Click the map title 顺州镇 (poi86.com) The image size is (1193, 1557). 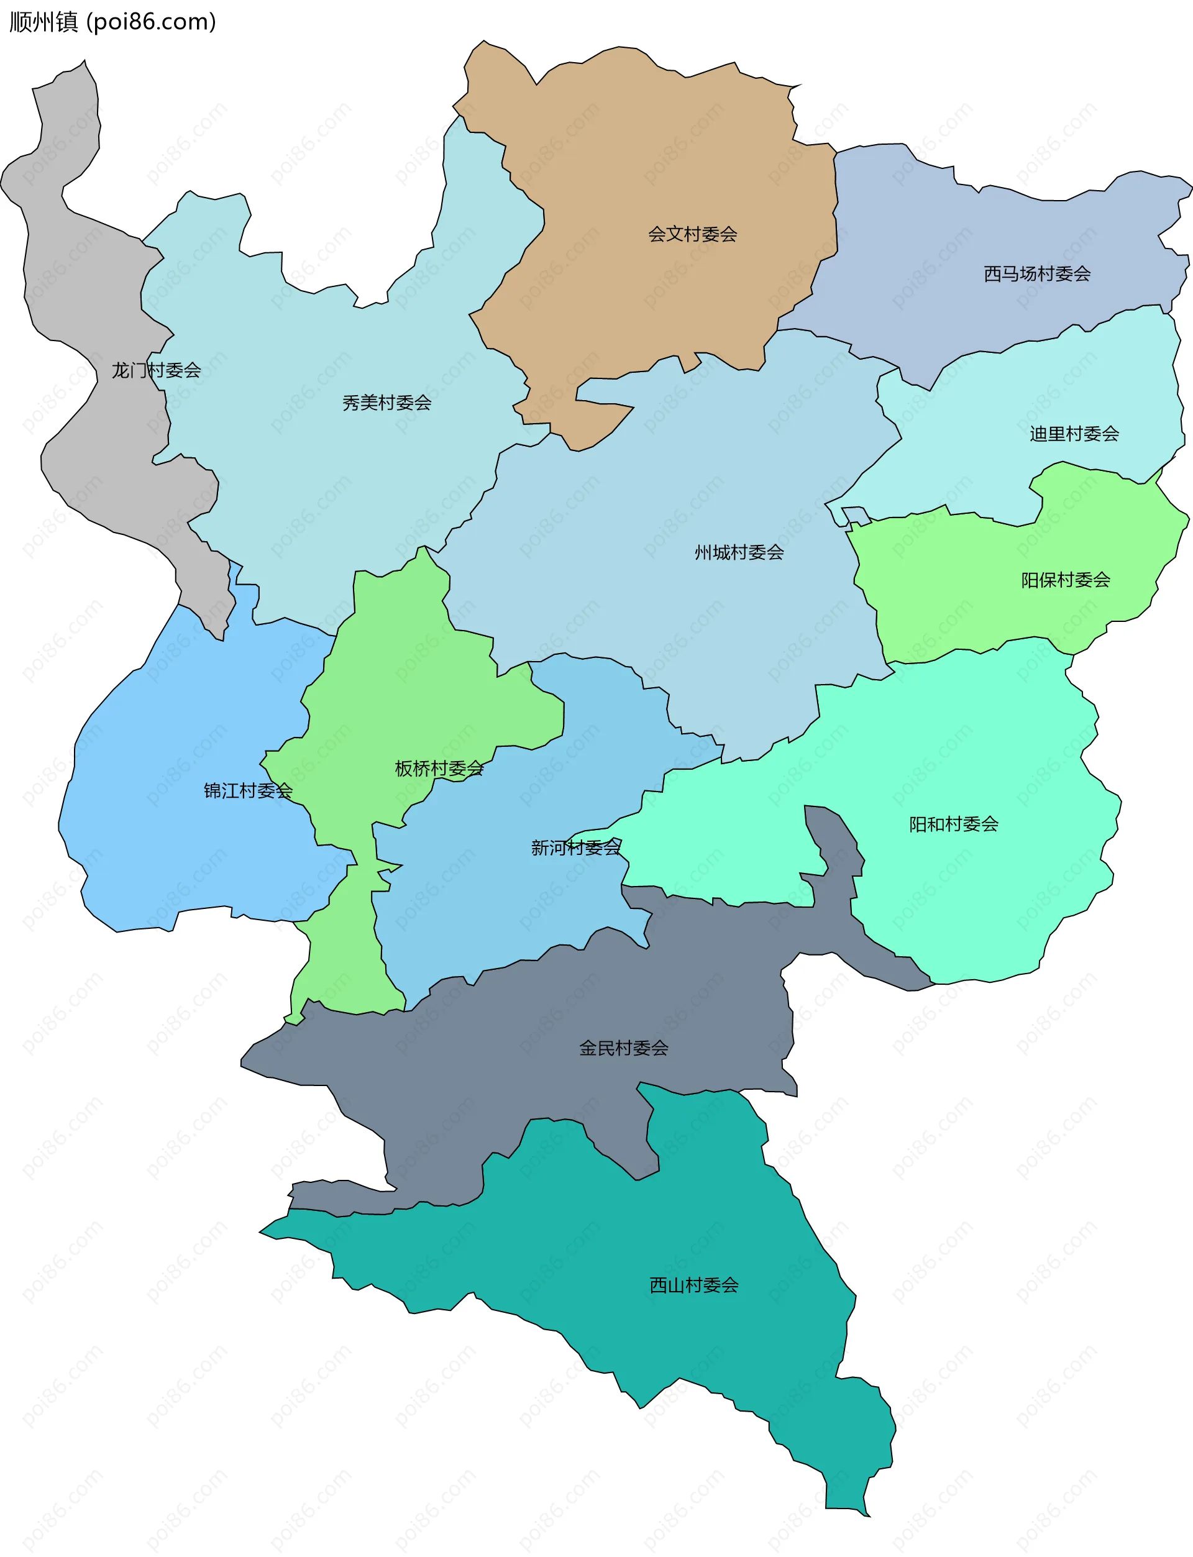pos(112,22)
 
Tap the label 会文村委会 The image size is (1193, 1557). pos(692,234)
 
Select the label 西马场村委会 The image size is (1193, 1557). pos(1037,274)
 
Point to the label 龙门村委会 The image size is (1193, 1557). pos(156,370)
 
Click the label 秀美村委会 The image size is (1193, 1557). pos(387,403)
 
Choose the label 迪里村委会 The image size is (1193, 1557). pos(1074,434)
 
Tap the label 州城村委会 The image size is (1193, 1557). pos(739,552)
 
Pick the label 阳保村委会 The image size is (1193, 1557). pos(1066,580)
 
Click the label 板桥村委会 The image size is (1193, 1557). pos(439,768)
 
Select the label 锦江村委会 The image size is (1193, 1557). pos(248,790)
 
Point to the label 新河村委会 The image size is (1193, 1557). pos(576,847)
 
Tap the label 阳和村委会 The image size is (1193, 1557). pos(954,824)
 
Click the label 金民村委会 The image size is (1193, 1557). pos(623,1048)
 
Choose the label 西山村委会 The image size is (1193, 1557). pos(694,1285)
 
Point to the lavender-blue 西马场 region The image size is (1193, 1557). pos(959,234)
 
